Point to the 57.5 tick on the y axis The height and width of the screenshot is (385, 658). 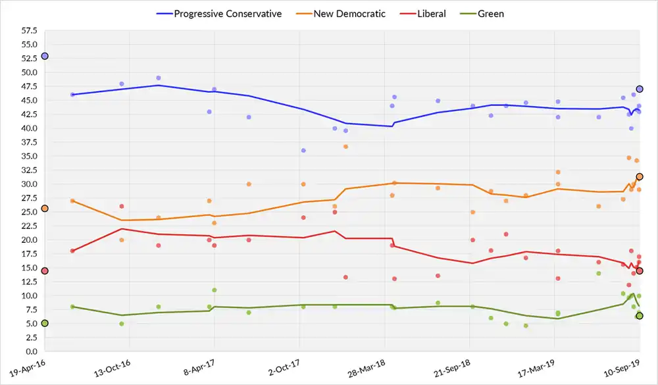click(28, 31)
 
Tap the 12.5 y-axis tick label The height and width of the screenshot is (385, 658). click(28, 282)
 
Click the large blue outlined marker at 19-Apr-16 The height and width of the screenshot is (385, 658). click(45, 57)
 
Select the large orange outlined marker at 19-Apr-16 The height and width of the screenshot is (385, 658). click(45, 209)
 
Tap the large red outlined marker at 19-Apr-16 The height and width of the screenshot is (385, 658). click(45, 271)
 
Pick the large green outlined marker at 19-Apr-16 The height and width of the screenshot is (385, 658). click(45, 323)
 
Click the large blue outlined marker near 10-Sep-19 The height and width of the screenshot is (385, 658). click(639, 89)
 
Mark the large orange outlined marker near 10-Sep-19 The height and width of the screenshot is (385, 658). click(639, 176)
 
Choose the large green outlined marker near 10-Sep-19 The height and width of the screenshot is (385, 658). click(639, 316)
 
